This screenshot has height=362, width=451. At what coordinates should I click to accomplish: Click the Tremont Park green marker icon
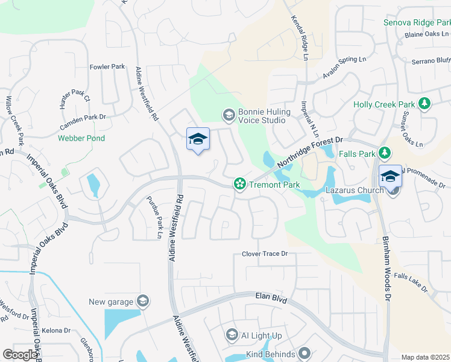(x=239, y=185)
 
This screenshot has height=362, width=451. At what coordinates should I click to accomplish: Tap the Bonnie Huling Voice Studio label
(x=264, y=116)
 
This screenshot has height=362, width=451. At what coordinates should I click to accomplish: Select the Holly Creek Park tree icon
(x=424, y=104)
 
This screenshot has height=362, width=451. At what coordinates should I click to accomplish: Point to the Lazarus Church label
(x=355, y=191)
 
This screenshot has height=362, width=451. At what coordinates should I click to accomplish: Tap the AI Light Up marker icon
(x=232, y=335)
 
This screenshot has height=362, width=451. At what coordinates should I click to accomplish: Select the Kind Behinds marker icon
(x=305, y=354)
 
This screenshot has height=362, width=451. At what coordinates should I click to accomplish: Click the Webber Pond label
(x=81, y=138)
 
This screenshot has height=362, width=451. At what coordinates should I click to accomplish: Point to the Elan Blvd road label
(x=274, y=297)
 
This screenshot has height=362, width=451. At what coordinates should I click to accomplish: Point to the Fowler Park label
(x=107, y=66)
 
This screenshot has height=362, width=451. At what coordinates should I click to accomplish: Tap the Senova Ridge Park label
(x=417, y=23)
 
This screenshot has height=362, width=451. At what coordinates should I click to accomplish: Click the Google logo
(x=20, y=355)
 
